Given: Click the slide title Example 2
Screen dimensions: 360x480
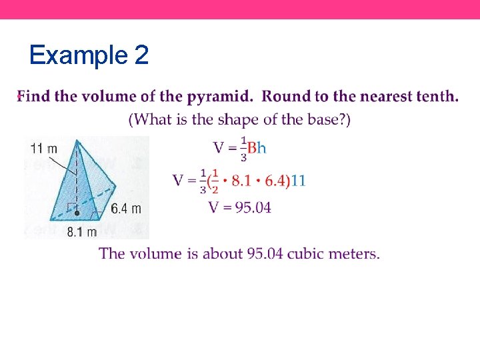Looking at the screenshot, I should click(89, 55).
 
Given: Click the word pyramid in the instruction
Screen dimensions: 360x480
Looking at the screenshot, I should click(219, 97).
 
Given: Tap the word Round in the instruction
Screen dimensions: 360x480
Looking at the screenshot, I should click(285, 97).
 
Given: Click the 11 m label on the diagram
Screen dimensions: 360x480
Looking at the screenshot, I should click(43, 147).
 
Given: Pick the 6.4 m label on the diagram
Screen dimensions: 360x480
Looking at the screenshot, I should click(126, 209).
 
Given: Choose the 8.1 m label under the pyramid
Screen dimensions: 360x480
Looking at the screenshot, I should click(81, 232).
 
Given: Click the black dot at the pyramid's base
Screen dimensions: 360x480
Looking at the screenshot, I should click(77, 213).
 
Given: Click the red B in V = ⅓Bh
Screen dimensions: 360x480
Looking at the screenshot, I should click(252, 147).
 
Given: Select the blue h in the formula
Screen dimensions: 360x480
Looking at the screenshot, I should click(261, 147).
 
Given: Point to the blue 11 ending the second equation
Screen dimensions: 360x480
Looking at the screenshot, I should click(299, 181).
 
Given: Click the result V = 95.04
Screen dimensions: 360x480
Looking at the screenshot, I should click(240, 207).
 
